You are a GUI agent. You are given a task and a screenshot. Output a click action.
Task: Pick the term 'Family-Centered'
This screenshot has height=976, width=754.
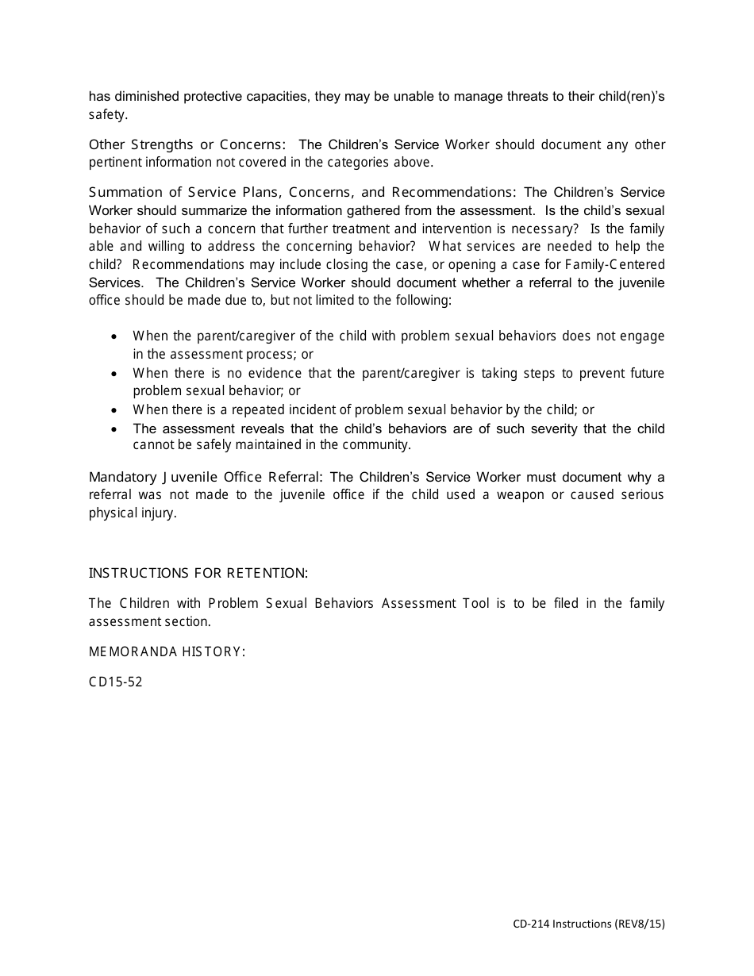[x=615, y=264]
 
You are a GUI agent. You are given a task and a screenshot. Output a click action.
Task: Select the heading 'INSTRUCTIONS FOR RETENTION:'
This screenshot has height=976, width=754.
[x=198, y=573]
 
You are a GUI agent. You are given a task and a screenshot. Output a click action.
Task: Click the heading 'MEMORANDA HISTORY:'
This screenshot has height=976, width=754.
[x=167, y=651]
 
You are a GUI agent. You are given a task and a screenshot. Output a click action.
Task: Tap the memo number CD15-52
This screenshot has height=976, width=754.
[x=116, y=682]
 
